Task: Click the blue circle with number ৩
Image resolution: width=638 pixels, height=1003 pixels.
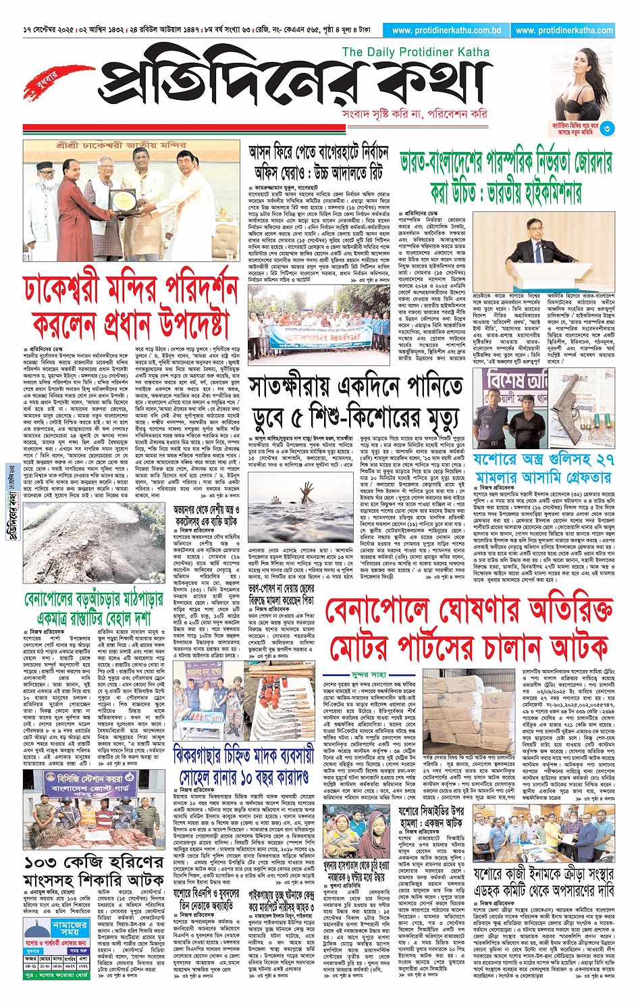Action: (x=607, y=128)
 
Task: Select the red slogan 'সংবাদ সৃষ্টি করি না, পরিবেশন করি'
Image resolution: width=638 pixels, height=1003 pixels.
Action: (x=414, y=114)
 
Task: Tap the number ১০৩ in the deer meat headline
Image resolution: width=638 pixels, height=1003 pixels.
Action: (x=45, y=863)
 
